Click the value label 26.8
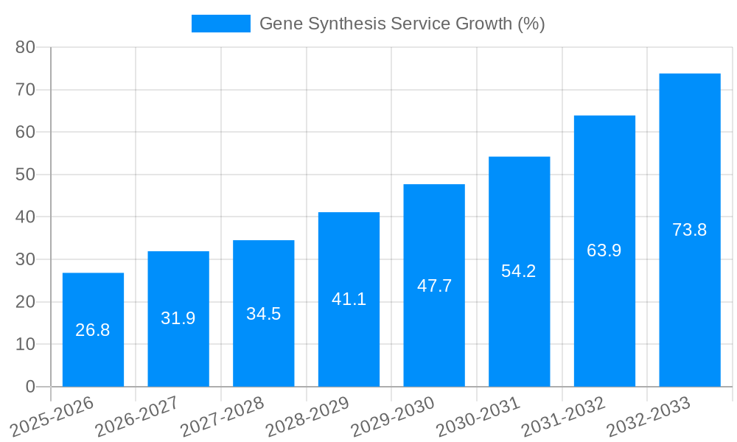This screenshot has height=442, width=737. pyautogui.click(x=93, y=330)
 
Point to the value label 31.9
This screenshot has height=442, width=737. pyautogui.click(x=178, y=318)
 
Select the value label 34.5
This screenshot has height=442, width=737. pyautogui.click(x=263, y=314)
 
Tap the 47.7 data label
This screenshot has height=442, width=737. pyautogui.click(x=434, y=286)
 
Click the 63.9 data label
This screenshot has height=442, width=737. pyautogui.click(x=604, y=250)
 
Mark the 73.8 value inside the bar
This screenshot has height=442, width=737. pyautogui.click(x=689, y=230)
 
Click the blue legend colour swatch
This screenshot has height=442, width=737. pyautogui.click(x=220, y=24)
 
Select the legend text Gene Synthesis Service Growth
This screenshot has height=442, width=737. pyautogui.click(x=402, y=24)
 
